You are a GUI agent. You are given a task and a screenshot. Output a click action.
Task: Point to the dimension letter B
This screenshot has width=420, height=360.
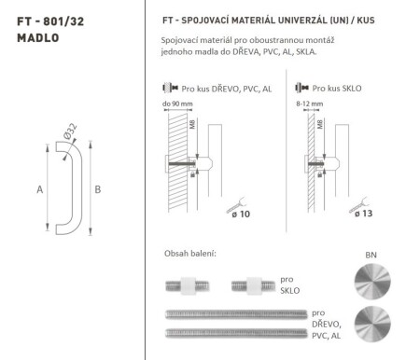pos(96,189)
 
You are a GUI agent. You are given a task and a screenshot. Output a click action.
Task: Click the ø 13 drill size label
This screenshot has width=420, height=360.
pos(364,215)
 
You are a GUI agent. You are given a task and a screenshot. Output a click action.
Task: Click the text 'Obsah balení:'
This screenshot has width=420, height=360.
pos(189,254)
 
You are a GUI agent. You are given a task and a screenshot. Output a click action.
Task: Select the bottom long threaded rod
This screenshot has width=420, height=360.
pos(233,332)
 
